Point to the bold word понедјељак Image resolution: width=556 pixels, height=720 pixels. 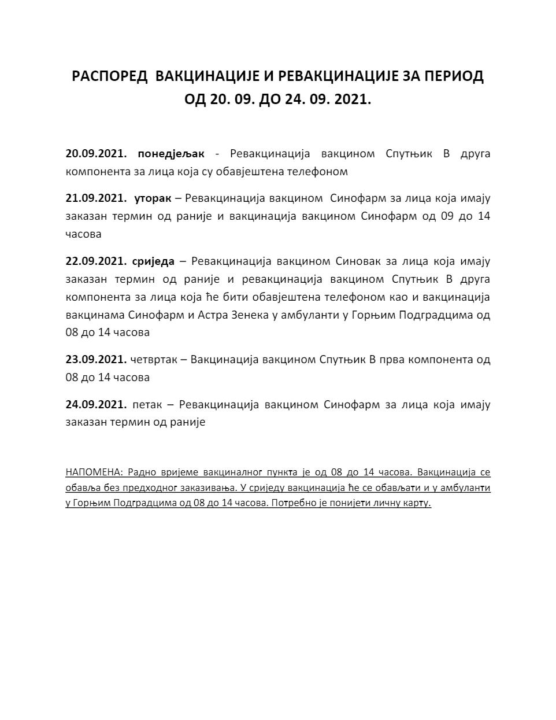[171, 154]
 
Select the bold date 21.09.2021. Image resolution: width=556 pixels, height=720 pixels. [96, 198]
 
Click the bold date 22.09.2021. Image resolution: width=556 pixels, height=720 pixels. [96, 261]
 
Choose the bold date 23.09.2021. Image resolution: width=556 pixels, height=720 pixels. [96, 359]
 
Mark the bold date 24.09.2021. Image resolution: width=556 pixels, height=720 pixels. [96, 404]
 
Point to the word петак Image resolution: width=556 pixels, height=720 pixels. [147, 404]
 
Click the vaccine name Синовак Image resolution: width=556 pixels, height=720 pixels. [357, 261]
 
